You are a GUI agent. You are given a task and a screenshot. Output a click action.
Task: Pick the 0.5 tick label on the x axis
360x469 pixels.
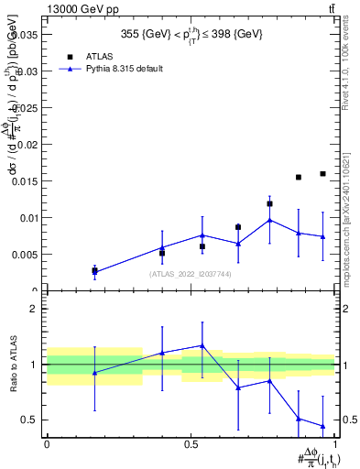coord(191,443)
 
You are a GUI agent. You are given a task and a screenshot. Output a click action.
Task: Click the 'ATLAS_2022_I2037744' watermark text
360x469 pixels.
coord(191,274)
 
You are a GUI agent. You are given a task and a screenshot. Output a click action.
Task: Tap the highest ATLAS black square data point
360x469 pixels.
coord(322,173)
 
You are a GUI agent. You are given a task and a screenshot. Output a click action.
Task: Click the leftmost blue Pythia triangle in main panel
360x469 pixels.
coord(94,272)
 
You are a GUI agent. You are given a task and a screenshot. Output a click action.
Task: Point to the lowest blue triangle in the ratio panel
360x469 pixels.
coord(322,426)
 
